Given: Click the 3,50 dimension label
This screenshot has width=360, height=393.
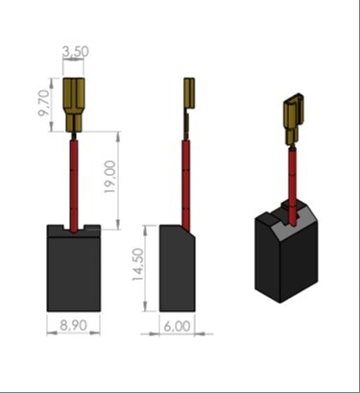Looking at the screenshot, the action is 76,52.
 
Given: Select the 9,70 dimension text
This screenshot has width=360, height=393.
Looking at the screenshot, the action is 44,103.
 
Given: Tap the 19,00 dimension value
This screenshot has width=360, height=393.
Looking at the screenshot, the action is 109,177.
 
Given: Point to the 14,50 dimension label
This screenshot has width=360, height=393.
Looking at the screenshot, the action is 138,264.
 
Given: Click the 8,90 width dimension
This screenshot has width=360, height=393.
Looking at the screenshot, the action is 73,325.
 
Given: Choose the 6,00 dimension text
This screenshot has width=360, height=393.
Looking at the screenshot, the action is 177,327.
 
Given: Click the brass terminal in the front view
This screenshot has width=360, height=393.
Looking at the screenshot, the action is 74,106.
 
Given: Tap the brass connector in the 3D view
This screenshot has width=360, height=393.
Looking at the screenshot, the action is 294,118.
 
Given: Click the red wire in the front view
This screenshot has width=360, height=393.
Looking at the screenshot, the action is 74,184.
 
